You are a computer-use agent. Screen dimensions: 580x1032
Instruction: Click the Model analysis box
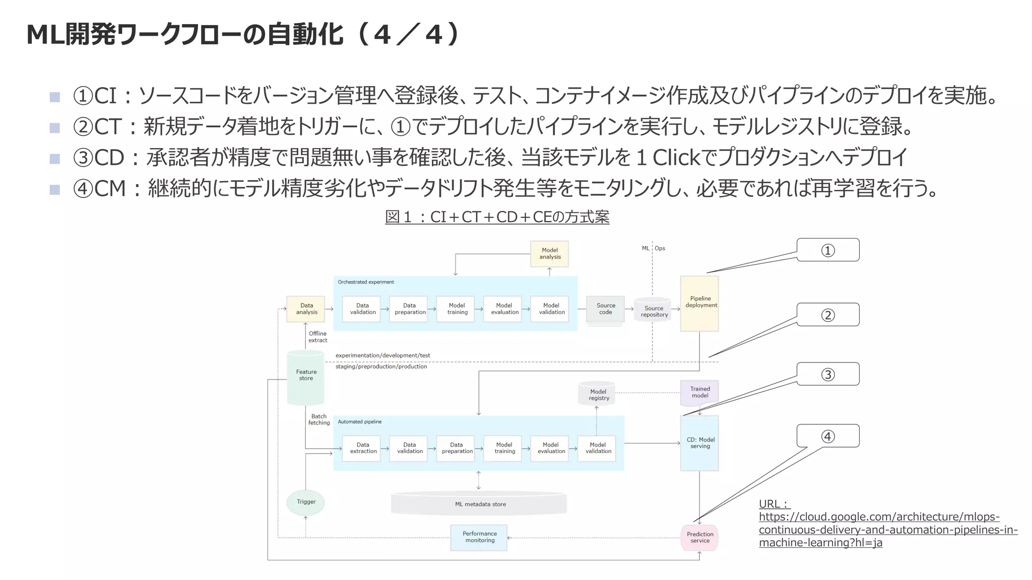tap(549, 253)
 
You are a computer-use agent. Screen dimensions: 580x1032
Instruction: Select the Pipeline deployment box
tap(699, 304)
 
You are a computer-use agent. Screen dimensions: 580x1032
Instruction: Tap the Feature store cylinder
tap(306, 377)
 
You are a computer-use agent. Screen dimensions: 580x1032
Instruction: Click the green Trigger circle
tap(305, 502)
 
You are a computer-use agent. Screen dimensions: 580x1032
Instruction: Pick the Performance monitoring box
tap(479, 537)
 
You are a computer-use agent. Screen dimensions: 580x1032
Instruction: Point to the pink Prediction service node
tap(699, 537)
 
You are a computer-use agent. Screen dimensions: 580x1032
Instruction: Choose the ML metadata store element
tap(479, 504)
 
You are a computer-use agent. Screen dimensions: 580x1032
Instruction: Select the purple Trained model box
tap(699, 393)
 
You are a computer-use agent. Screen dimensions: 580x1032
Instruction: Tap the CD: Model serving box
tap(699, 443)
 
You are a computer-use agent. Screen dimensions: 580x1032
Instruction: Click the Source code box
tap(605, 309)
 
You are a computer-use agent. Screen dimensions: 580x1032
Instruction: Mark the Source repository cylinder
tap(653, 311)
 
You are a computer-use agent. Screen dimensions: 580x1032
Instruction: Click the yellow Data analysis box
tap(306, 309)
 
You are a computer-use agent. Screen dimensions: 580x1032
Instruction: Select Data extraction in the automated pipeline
tap(362, 448)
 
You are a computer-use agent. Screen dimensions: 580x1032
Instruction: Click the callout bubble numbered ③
tap(827, 374)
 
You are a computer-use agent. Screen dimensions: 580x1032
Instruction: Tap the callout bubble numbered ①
tap(827, 250)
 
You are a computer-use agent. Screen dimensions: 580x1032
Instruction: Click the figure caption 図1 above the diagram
tap(497, 217)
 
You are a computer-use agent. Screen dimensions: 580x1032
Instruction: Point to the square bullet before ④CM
tap(55, 189)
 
